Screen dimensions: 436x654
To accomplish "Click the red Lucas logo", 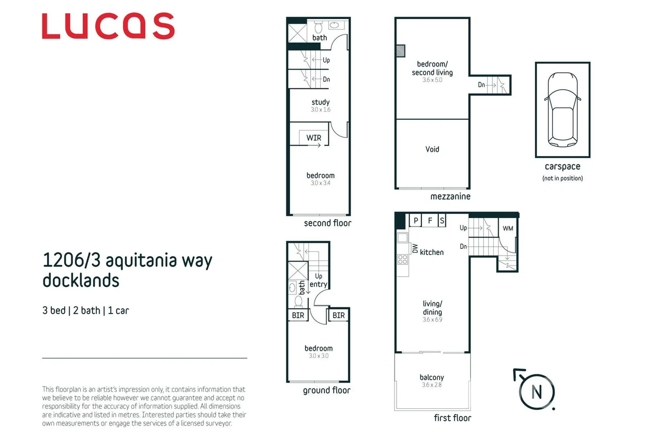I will click(x=108, y=26).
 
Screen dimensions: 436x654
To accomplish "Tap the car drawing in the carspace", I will click(x=562, y=109).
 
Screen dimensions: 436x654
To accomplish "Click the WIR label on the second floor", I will click(x=313, y=138).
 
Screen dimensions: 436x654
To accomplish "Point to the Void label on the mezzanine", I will click(x=432, y=149).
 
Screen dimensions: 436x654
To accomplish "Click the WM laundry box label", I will click(x=508, y=228).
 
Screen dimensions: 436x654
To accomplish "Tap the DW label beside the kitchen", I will click(x=415, y=248).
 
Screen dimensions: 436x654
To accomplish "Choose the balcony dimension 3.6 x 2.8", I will click(x=432, y=385).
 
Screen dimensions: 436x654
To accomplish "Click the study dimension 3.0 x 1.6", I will click(x=320, y=110).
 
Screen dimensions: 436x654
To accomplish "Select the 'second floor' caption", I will click(x=328, y=223).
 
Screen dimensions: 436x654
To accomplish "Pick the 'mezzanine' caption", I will click(x=450, y=197).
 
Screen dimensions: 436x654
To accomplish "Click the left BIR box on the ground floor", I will click(x=298, y=315).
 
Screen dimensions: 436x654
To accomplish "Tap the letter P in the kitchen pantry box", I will click(x=416, y=220).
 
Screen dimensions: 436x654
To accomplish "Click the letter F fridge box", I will click(x=430, y=220).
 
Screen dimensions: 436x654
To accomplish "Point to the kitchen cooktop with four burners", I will click(x=402, y=259).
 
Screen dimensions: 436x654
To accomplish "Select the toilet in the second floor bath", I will click(x=318, y=27).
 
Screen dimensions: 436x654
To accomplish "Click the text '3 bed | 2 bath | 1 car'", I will click(x=86, y=310).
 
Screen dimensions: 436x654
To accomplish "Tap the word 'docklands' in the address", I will click(x=81, y=281).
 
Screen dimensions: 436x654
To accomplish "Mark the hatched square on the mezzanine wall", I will click(x=400, y=51).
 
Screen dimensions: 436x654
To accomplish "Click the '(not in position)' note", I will click(x=562, y=178).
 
